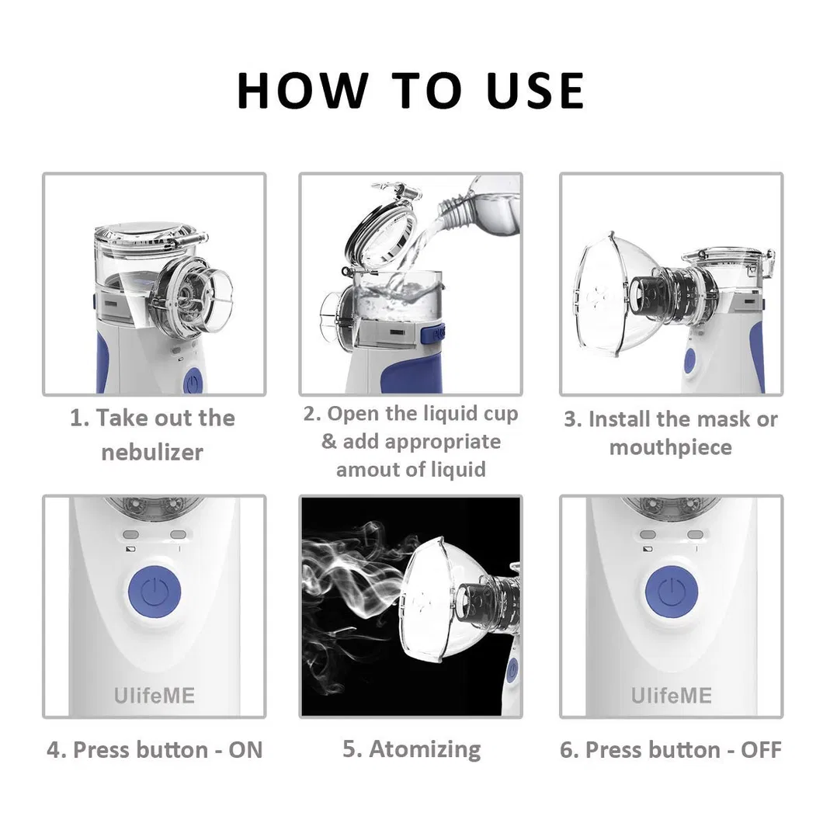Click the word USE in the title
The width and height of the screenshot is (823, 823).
[535, 90]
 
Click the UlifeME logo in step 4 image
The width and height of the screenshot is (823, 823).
[154, 694]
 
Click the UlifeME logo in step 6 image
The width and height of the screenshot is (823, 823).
[671, 694]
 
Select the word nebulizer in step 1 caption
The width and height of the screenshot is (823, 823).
[152, 452]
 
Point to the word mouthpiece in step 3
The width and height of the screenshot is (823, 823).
[670, 447]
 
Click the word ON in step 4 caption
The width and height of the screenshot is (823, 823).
[245, 750]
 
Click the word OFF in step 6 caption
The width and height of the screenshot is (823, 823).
[760, 750]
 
